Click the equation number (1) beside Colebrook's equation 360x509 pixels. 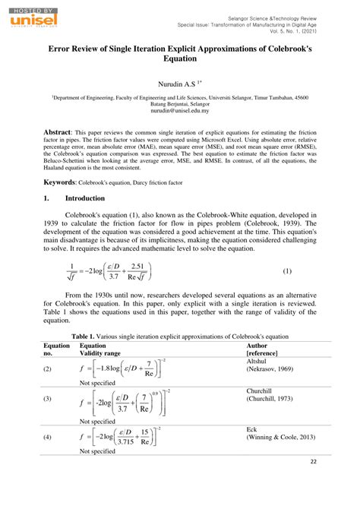288,270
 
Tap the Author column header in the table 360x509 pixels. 257,345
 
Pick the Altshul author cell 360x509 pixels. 257,362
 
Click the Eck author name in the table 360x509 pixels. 252,429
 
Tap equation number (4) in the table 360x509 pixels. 47,438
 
